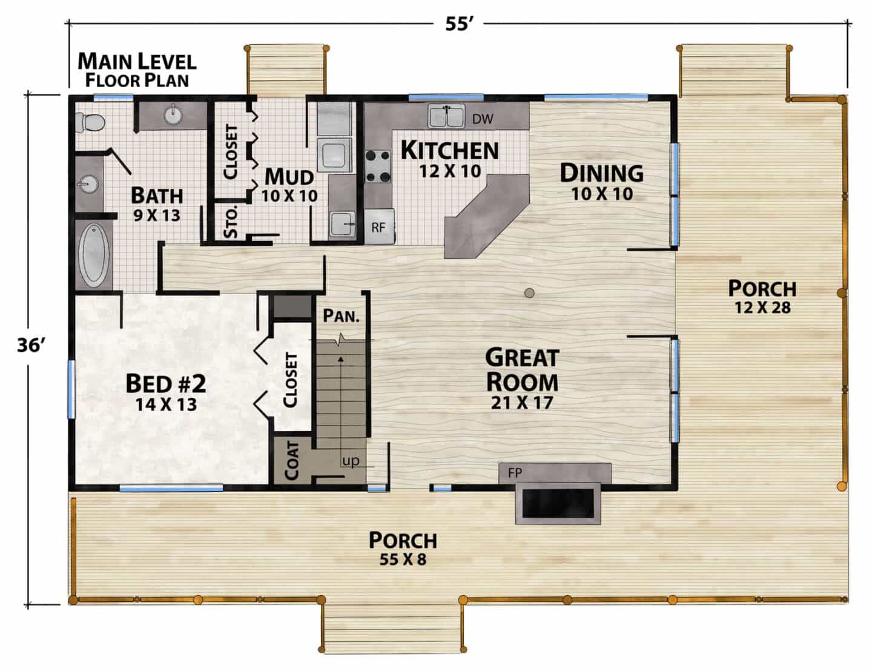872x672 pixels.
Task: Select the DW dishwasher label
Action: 483,119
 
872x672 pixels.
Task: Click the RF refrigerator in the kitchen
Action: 379,226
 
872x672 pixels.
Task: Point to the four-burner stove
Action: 378,166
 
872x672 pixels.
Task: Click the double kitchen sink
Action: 446,116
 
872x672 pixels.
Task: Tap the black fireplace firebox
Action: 558,503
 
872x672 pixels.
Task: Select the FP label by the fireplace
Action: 515,473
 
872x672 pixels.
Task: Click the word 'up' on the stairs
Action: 351,461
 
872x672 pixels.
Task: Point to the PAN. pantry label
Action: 341,316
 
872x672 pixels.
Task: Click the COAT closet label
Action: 292,461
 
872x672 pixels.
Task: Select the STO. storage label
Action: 231,222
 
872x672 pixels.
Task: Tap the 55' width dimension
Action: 460,24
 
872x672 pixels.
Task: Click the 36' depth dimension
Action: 31,345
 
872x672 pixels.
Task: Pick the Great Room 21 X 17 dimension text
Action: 521,403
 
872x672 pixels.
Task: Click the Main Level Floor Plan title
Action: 137,70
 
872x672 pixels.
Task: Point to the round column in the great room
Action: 529,293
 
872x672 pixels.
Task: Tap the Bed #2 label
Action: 166,384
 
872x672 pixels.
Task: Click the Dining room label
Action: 601,173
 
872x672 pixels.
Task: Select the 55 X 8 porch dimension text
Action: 403,559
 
